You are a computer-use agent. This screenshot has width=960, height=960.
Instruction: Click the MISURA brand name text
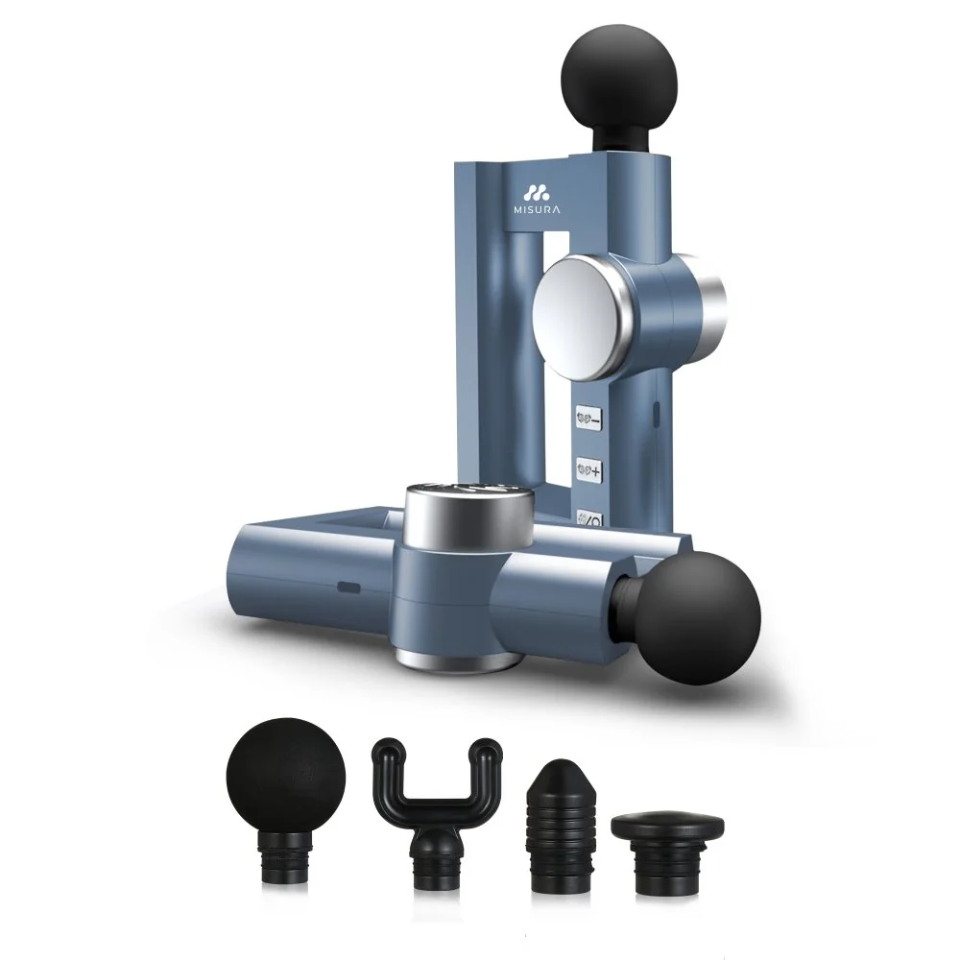537,209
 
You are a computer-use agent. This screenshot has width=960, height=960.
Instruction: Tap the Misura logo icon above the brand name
537,192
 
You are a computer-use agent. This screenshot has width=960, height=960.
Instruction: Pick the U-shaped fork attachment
436,814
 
